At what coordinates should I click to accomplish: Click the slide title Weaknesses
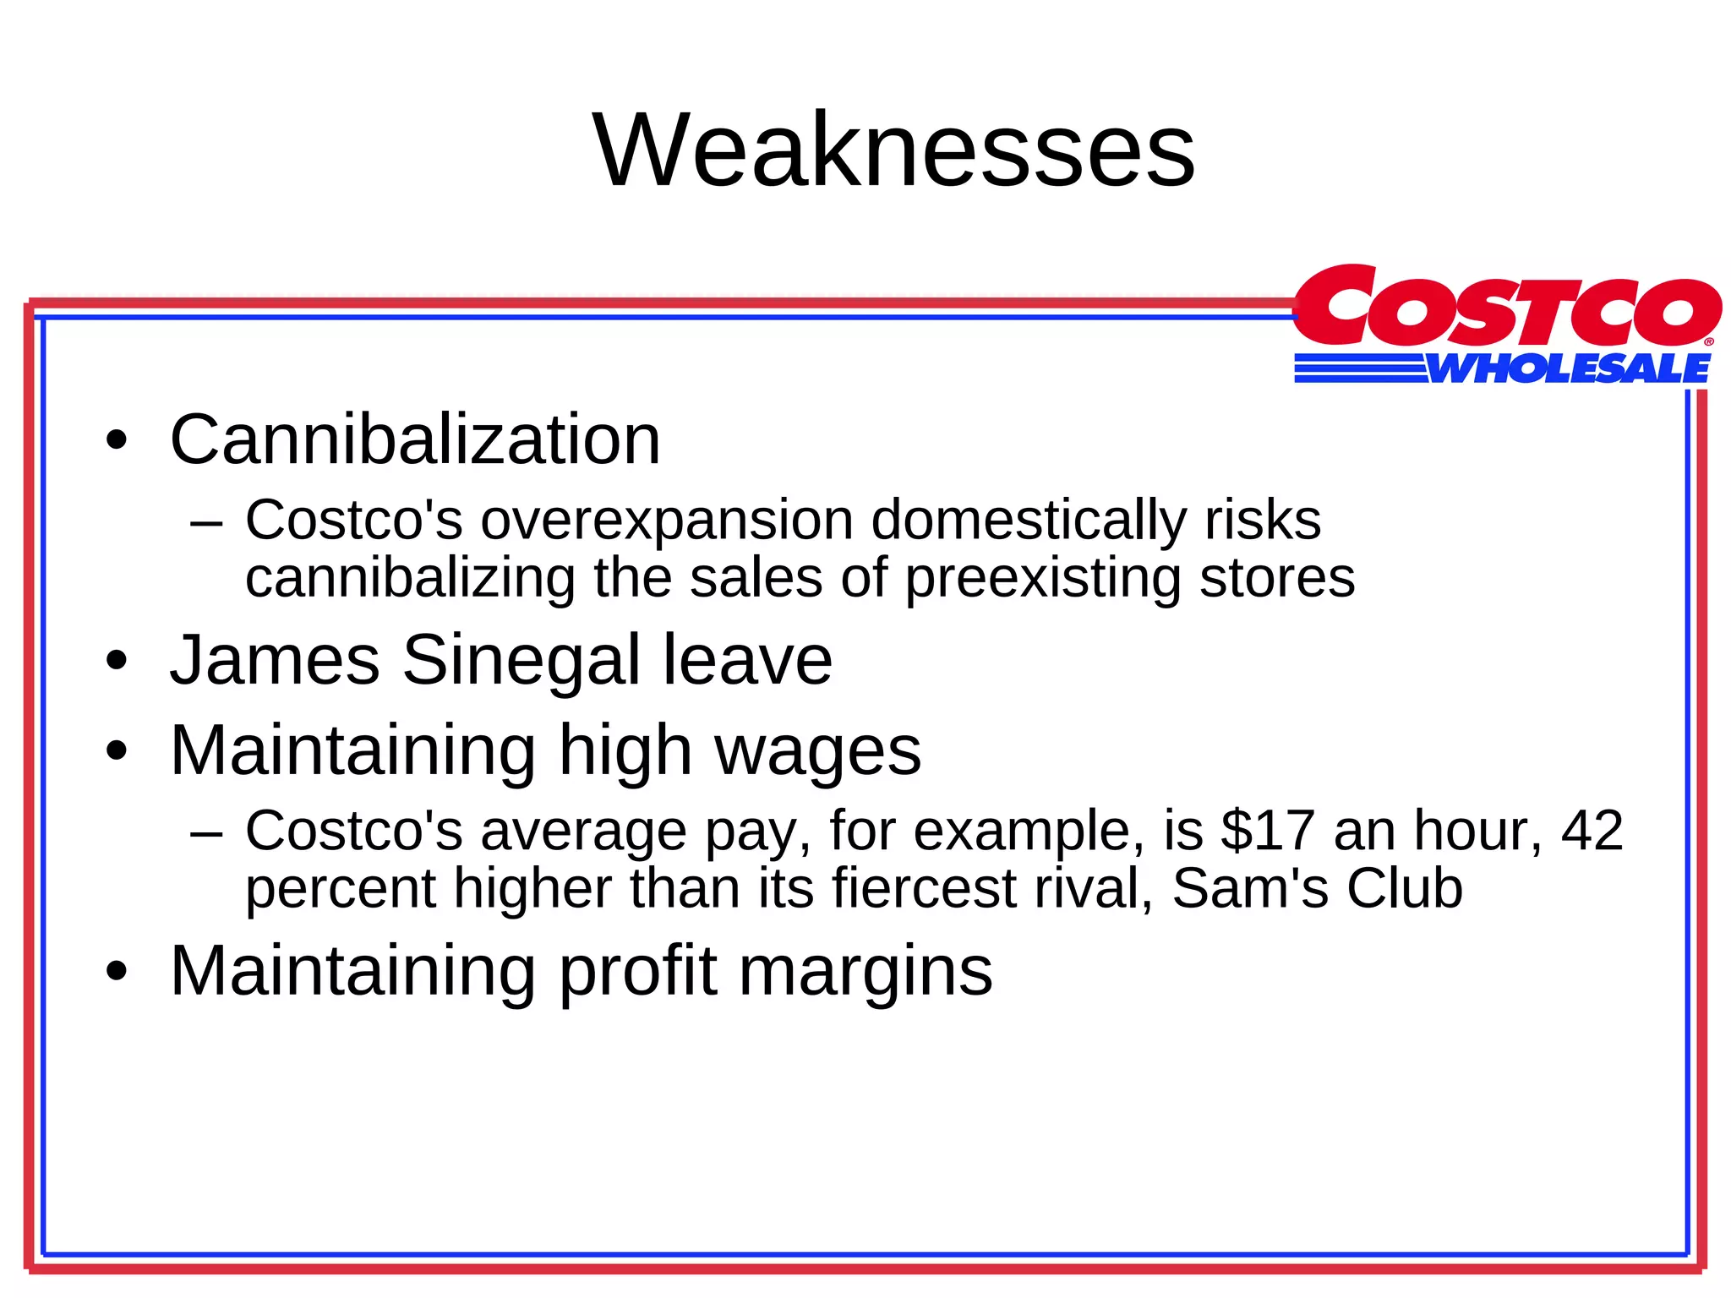[893, 151]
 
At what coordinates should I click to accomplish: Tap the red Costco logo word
[1506, 308]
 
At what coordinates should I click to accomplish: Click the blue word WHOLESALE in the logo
[1569, 369]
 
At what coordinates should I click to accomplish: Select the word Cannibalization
[415, 439]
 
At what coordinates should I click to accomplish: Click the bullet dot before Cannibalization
[117, 441]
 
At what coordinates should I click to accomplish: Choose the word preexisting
[1042, 578]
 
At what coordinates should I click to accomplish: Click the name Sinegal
[521, 660]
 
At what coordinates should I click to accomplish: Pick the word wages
[817, 750]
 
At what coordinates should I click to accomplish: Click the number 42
[1592, 830]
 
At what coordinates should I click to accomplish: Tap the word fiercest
[924, 888]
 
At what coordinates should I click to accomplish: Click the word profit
[638, 971]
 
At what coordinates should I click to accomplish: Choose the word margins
[865, 971]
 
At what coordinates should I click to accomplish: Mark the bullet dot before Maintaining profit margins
[117, 972]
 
